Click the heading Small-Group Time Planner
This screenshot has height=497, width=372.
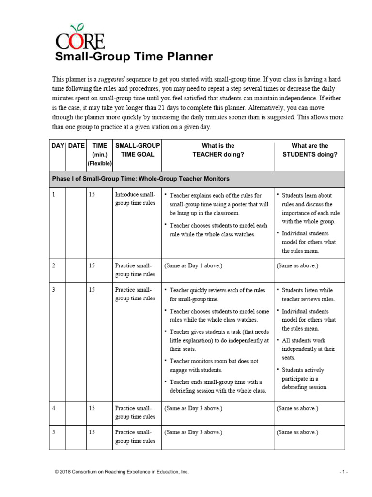[133, 57]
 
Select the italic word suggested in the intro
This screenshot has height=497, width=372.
[112, 79]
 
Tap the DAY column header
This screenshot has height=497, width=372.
[58, 146]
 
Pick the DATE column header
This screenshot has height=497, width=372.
[77, 146]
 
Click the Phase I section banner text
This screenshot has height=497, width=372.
[140, 179]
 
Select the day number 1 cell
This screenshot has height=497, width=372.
[54, 195]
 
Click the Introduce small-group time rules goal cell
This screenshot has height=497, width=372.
[135, 199]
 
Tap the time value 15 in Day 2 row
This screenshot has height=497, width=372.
[92, 266]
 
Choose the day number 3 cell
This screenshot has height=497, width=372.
[54, 290]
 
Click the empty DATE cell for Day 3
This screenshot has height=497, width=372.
[76, 340]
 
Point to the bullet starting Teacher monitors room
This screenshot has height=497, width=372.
[214, 365]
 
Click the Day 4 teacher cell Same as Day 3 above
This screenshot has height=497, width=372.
[193, 409]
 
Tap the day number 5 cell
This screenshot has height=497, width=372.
[54, 432]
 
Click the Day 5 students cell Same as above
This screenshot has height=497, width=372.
[297, 432]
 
